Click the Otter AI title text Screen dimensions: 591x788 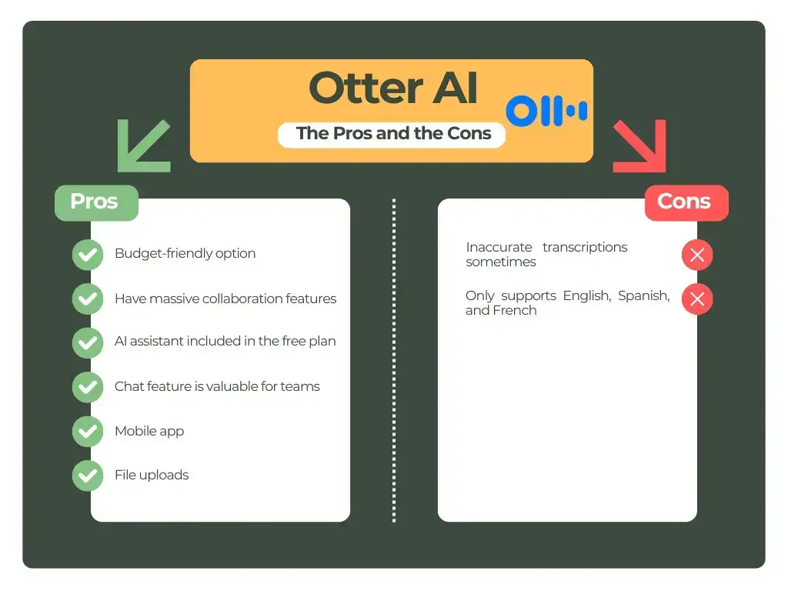coord(393,89)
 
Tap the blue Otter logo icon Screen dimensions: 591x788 coord(546,112)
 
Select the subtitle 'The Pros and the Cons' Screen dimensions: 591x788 coord(393,133)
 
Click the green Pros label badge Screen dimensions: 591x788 coord(95,202)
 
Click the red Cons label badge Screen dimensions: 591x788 coord(686,202)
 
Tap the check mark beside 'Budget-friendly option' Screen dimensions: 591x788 coord(87,254)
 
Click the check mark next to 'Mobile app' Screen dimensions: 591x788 coord(87,432)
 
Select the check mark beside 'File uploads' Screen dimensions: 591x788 coord(87,476)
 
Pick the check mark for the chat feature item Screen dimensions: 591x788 coord(87,387)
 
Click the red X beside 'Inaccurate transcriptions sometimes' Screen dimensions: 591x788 coord(697,255)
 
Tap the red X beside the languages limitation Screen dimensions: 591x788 coord(697,299)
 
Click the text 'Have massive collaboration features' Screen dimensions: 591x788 coord(225,299)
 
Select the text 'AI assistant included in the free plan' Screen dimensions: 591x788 coord(225,342)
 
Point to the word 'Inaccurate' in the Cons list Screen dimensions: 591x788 coord(499,248)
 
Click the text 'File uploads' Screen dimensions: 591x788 coord(152,475)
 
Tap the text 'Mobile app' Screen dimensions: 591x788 coord(149,431)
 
